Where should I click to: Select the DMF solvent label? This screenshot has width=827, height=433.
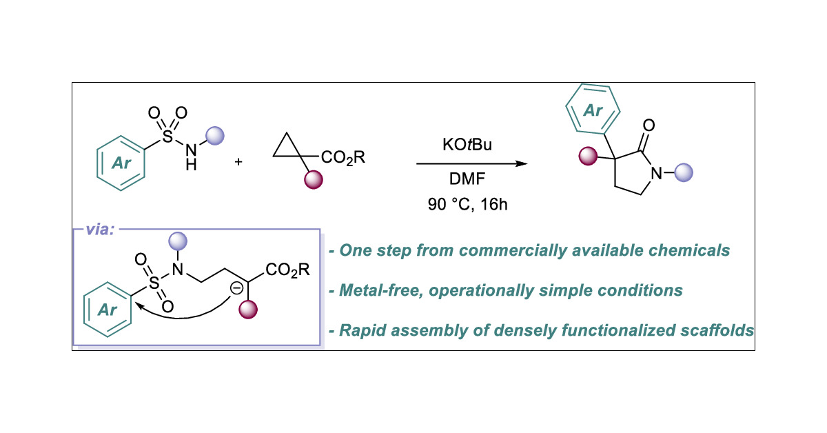click(469, 181)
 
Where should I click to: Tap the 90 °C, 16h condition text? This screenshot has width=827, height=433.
click(469, 205)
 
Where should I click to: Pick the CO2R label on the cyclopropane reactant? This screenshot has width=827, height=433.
click(343, 158)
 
